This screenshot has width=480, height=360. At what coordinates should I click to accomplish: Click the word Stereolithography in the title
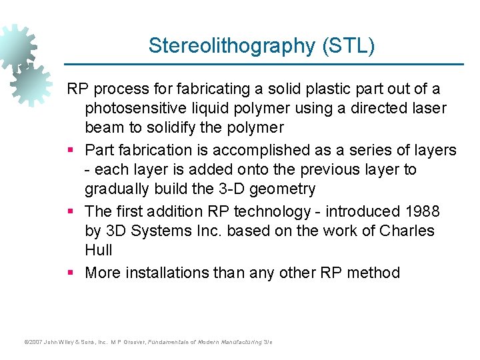(230, 46)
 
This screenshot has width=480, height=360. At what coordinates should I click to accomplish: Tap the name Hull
(98, 250)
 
